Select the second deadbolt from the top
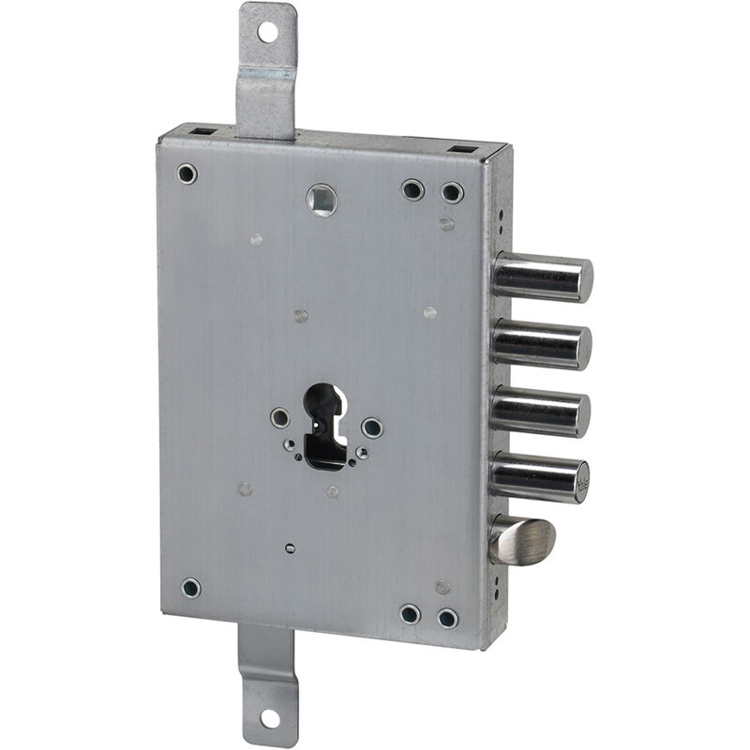tap(542, 345)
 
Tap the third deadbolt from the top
tap(541, 412)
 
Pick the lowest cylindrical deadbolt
tap(540, 477)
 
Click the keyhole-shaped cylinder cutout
tap(324, 426)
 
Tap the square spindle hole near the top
tap(322, 199)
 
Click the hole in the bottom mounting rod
tap(268, 718)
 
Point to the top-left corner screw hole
tap(187, 173)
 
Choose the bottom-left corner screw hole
tap(190, 589)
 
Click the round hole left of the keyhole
tap(280, 418)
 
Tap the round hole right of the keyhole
tap(372, 428)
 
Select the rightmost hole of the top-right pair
tap(453, 193)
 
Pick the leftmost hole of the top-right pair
tap(412, 190)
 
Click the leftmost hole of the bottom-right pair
tap(410, 614)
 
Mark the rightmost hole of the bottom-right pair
tap(448, 618)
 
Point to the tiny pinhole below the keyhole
tap(290, 547)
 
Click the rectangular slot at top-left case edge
tap(202, 132)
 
